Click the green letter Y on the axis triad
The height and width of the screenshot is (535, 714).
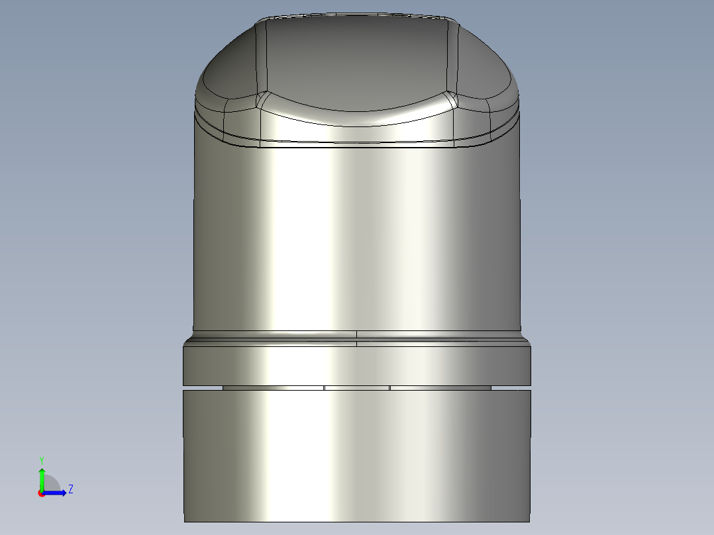(41, 460)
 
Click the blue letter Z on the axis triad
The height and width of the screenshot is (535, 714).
(70, 489)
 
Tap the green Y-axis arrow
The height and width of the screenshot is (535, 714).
(41, 477)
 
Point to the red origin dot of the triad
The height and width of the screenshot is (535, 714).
(41, 493)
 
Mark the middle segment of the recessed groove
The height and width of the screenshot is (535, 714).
(356, 387)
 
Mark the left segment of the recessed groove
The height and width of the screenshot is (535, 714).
(273, 387)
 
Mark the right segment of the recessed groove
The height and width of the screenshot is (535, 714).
(440, 387)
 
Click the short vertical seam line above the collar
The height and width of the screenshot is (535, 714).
(357, 338)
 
